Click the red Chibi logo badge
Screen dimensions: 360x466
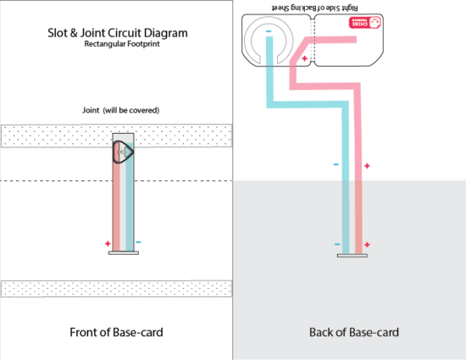point(365,23)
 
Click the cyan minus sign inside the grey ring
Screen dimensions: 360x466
point(269,35)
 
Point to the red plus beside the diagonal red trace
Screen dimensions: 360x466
point(305,58)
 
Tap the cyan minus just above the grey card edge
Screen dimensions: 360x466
point(336,164)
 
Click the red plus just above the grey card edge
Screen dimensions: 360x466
point(367,166)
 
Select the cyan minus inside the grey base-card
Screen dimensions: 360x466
point(337,245)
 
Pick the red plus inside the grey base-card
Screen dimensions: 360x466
point(367,244)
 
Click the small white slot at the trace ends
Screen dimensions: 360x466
point(352,254)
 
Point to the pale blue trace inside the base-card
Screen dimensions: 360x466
point(346,216)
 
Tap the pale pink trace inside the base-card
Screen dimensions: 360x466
point(358,216)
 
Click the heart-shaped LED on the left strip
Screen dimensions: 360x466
point(122,152)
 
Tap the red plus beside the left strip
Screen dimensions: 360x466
point(108,243)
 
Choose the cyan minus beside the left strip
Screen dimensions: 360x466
point(138,242)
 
